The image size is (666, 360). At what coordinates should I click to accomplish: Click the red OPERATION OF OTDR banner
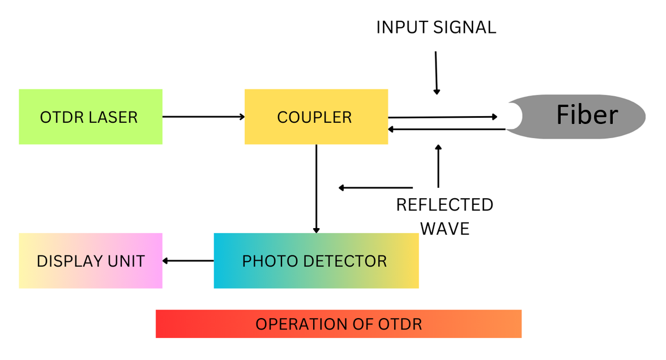pos(338,324)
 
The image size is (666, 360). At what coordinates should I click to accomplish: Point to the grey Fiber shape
pos(583,116)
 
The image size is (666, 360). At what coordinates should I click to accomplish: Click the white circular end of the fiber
pos(513,116)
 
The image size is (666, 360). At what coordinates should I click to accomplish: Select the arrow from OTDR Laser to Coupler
pos(203,117)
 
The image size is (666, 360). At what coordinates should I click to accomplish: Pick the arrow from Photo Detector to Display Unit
pos(188,261)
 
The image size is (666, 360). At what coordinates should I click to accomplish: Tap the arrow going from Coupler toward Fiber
pos(442,117)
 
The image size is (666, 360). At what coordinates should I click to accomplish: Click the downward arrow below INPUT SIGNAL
pos(436,72)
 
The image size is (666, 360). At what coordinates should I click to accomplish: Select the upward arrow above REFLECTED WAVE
pos(438,166)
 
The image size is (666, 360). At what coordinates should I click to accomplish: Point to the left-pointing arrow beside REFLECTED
pos(375,187)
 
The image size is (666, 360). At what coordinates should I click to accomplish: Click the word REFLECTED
pos(445,205)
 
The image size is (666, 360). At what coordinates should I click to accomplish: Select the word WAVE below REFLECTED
pos(445,229)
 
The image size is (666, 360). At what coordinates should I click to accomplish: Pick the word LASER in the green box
pos(114,117)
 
